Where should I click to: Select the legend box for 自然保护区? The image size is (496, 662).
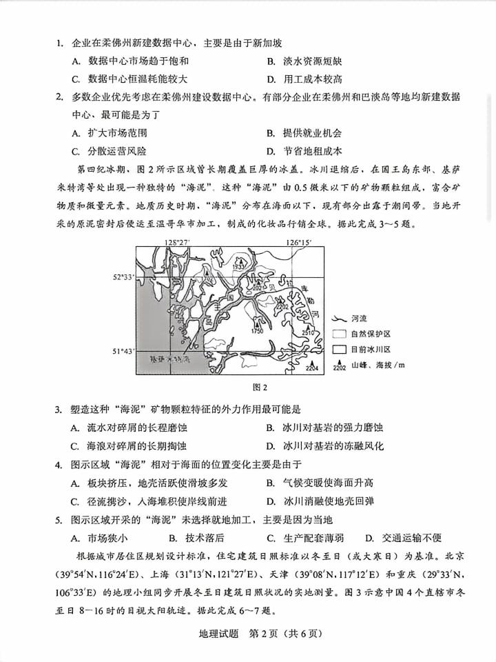[338, 334]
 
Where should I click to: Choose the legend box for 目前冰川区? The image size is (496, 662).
[338, 350]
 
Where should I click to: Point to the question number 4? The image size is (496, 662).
[59, 465]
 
